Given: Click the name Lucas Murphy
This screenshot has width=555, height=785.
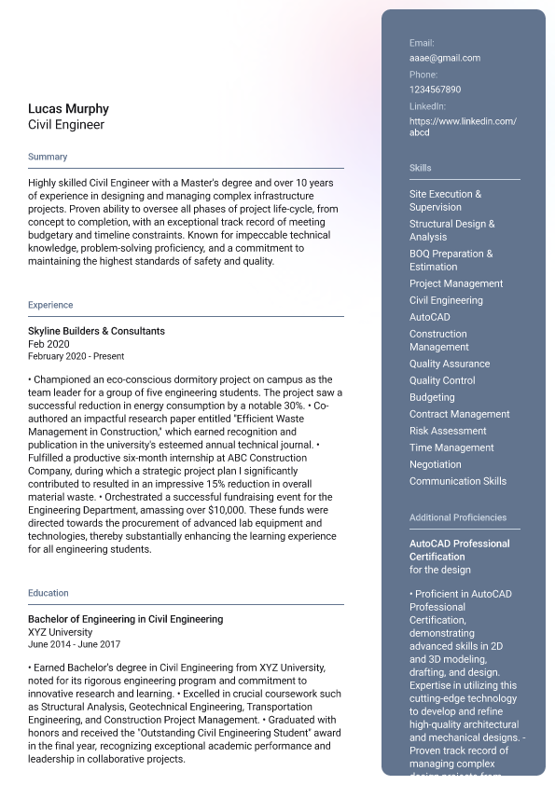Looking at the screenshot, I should [x=68, y=109].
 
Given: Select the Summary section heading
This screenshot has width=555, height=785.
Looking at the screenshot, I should [x=48, y=157].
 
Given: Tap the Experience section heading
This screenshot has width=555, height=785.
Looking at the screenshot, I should [x=50, y=305].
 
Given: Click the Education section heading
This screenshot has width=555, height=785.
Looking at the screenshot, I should [x=49, y=593].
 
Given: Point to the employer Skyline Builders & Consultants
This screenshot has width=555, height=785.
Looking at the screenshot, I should [x=96, y=331].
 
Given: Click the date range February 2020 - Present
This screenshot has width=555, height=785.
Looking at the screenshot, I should [x=76, y=356].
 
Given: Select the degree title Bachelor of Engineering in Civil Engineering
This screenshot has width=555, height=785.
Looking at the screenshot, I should [x=125, y=619].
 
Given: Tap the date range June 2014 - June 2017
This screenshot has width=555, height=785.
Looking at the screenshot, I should [x=74, y=644].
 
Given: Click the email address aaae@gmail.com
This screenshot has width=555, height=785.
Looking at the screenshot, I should [x=445, y=58].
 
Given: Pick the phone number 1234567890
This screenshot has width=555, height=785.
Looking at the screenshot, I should [x=435, y=90].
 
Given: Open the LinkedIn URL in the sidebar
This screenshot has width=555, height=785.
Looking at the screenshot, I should [x=463, y=127].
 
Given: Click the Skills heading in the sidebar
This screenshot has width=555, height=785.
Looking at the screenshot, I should [x=421, y=168].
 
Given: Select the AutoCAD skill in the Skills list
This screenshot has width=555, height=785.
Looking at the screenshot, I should [x=429, y=317].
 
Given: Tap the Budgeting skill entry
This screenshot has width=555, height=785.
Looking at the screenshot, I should [x=432, y=397].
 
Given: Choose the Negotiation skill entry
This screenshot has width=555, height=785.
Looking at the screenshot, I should [x=435, y=464].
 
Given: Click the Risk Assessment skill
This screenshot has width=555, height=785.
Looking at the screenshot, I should [x=448, y=431].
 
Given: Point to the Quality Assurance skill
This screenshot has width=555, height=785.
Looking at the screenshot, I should [x=450, y=364].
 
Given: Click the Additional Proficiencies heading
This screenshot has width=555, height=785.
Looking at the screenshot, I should [x=458, y=517].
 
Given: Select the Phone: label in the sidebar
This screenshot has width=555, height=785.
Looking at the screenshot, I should [x=423, y=75].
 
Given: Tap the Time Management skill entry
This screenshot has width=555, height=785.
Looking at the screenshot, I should [x=451, y=448].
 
